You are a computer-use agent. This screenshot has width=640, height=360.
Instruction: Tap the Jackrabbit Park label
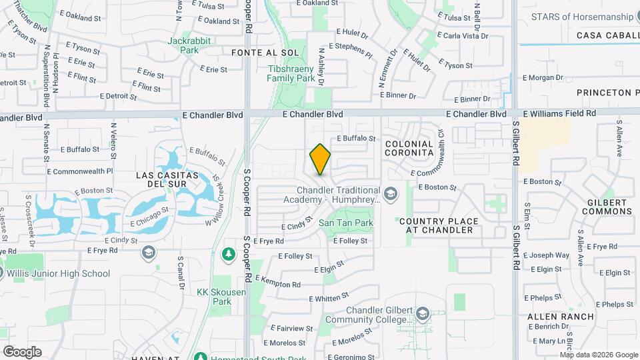pyautogui.click(x=189, y=45)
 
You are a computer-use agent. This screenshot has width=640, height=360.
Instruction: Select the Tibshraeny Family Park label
pyautogui.click(x=291, y=73)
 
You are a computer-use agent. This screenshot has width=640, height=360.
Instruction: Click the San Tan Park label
pyautogui.click(x=345, y=223)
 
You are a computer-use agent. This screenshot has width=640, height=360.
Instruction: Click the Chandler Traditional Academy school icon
pyautogui.click(x=391, y=194)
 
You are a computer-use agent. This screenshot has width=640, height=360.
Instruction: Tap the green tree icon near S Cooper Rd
pyautogui.click(x=228, y=254)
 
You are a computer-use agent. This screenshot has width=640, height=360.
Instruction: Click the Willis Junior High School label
pyautogui.click(x=59, y=273)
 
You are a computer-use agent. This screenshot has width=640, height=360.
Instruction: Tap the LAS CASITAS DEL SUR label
pyautogui.click(x=167, y=180)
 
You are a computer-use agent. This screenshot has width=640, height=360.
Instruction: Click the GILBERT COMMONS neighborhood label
pyautogui.click(x=606, y=207)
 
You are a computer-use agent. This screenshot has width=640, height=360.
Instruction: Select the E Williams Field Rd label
pyautogui.click(x=559, y=114)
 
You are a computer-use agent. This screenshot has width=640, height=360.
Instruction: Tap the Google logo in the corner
pyautogui.click(x=22, y=351)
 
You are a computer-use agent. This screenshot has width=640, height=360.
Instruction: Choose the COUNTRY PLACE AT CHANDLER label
pyautogui.click(x=439, y=225)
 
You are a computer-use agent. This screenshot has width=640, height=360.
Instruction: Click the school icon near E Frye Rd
pyautogui.click(x=148, y=253)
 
